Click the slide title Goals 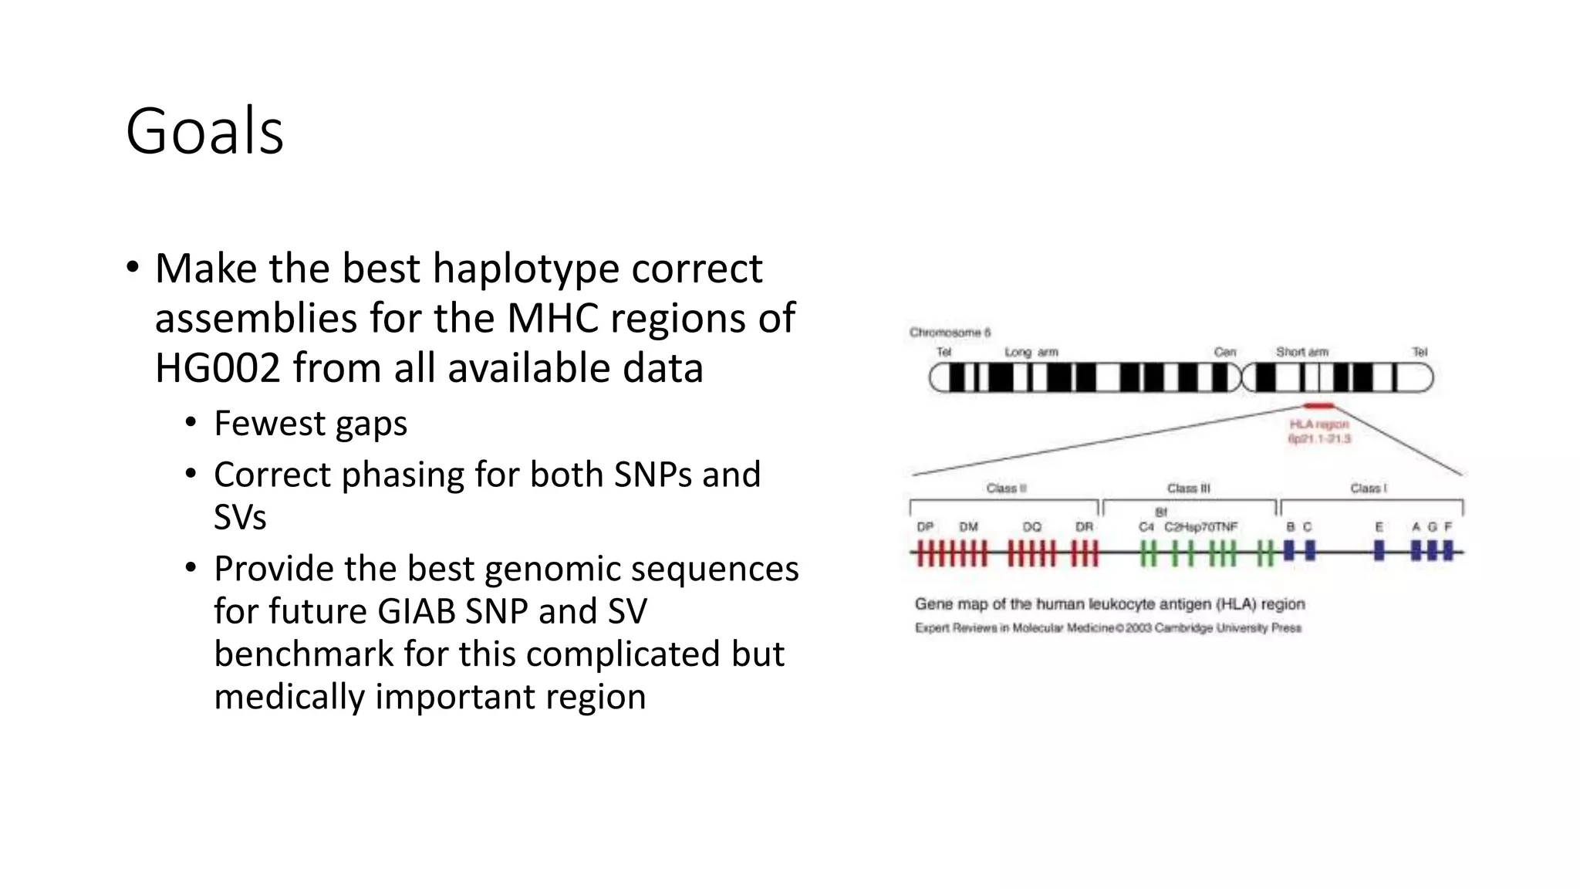204,131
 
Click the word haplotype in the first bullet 525,269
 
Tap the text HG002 217,367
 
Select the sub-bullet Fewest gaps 310,424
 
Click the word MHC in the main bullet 552,318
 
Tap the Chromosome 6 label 950,333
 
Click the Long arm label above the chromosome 1031,352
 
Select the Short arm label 1301,352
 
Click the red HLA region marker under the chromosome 1318,406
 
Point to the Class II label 1006,488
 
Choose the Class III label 1188,488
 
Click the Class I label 1368,488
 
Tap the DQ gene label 1031,527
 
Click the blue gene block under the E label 1379,550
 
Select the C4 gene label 1146,527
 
